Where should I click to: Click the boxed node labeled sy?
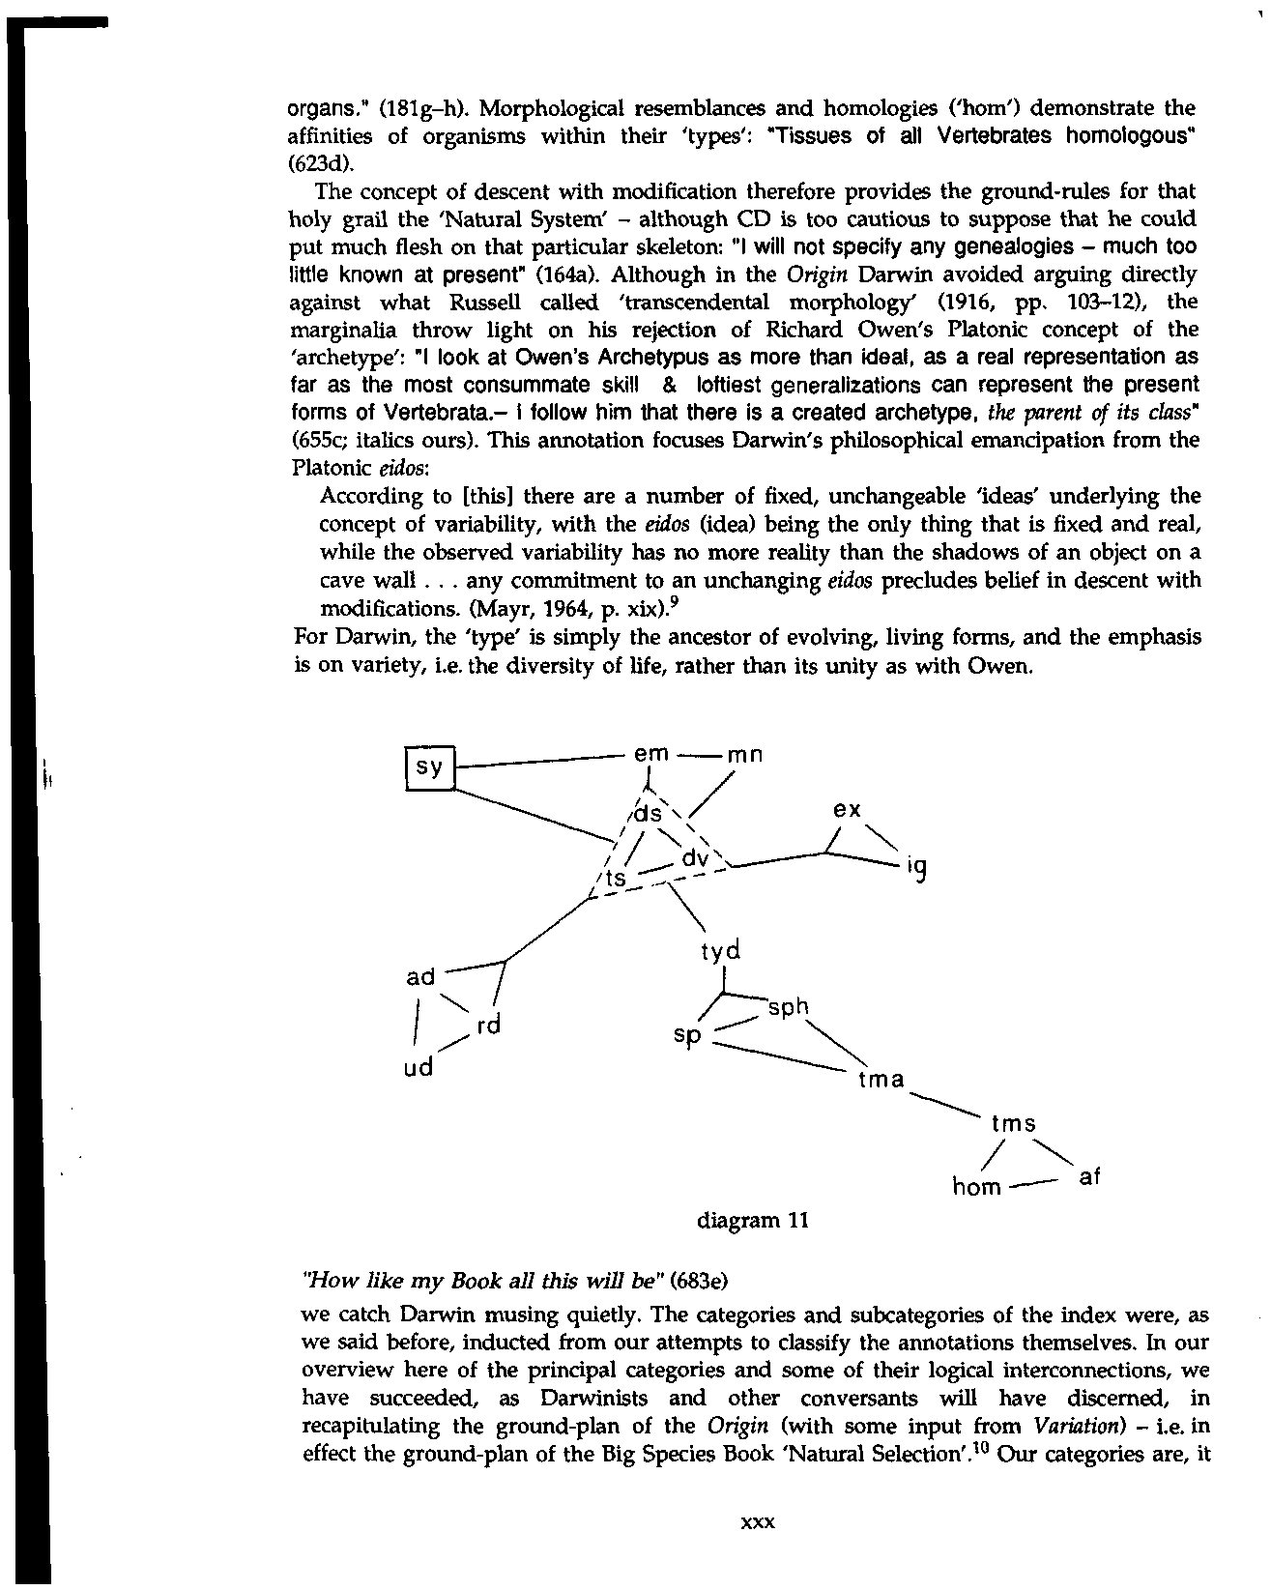click(x=428, y=768)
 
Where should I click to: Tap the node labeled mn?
click(x=745, y=756)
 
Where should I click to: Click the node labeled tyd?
click(x=721, y=952)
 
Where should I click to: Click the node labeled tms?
click(x=1014, y=1124)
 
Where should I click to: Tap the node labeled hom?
click(x=976, y=1186)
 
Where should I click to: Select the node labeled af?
click(x=1088, y=1177)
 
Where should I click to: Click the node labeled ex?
click(x=847, y=810)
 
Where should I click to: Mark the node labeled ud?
click(x=418, y=1068)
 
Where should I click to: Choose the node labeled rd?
click(x=490, y=1026)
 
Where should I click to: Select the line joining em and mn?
click(x=699, y=755)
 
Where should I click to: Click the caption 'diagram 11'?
click(x=752, y=1220)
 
